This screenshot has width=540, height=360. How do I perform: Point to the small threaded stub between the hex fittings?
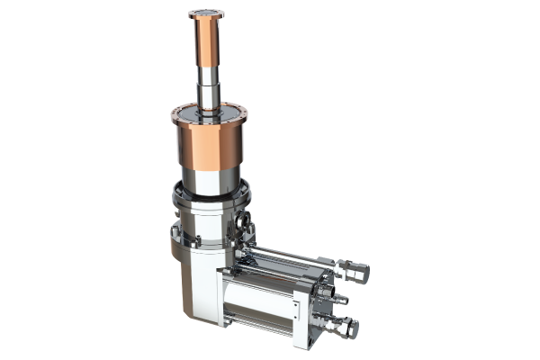click(341, 298)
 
